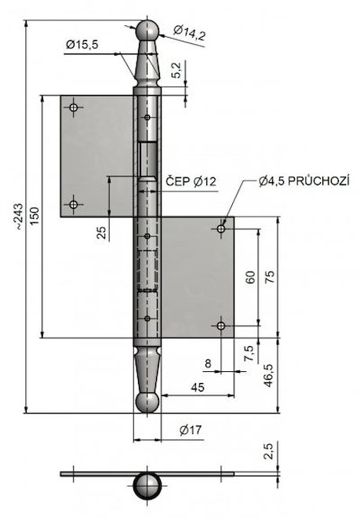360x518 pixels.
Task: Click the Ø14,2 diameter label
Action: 190,32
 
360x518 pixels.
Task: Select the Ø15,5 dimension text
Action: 82,44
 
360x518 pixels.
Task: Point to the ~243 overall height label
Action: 19,217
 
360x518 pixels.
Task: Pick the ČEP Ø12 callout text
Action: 191,181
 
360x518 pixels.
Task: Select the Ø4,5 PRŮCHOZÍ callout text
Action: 304,181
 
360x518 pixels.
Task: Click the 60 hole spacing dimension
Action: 251,278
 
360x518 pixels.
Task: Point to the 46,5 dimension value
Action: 268,375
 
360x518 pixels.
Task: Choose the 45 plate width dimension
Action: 198,387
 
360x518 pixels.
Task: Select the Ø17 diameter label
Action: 191,430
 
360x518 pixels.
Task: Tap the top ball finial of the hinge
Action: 147,31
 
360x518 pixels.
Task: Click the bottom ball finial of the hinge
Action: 147,403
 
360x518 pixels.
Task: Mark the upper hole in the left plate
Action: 73,108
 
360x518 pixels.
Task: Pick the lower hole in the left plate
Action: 73,205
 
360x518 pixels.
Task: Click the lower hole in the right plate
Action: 221,326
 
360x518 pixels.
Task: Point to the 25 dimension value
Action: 103,232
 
